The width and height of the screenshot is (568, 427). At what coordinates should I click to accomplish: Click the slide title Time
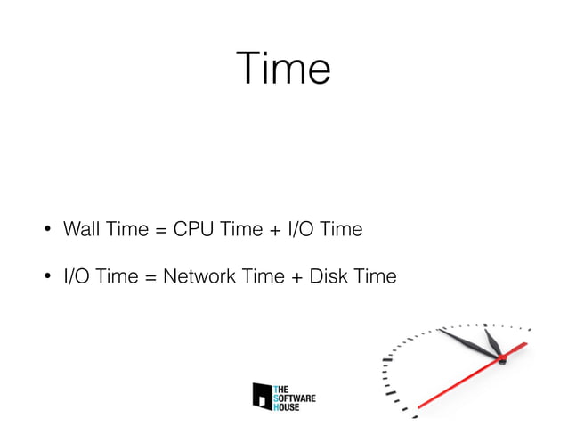tap(283, 69)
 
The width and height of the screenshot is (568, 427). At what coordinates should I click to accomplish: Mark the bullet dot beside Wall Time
tap(41, 230)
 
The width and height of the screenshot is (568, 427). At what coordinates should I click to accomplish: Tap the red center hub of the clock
tap(501, 358)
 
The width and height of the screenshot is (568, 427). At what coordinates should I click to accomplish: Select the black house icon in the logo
tap(263, 396)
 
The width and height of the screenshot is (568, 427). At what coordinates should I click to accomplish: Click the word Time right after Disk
tap(374, 277)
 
